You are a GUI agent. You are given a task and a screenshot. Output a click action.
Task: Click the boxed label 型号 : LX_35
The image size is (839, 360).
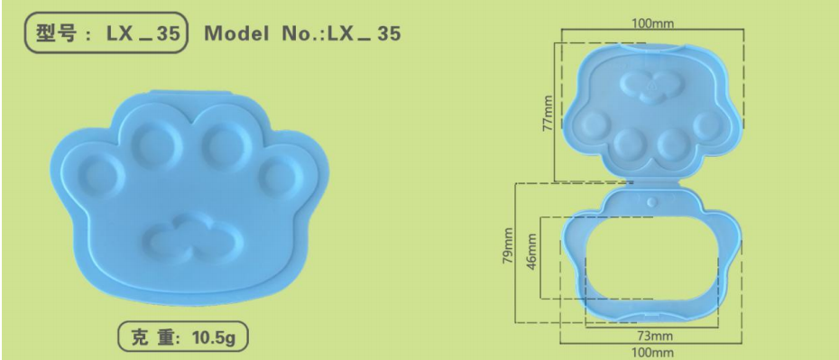[x=106, y=34]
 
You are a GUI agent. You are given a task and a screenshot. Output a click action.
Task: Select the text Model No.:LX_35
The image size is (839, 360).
[x=302, y=34]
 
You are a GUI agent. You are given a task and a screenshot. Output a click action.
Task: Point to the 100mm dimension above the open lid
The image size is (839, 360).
[x=650, y=22]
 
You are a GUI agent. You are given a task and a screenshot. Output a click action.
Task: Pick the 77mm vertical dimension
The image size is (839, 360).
[x=548, y=112]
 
